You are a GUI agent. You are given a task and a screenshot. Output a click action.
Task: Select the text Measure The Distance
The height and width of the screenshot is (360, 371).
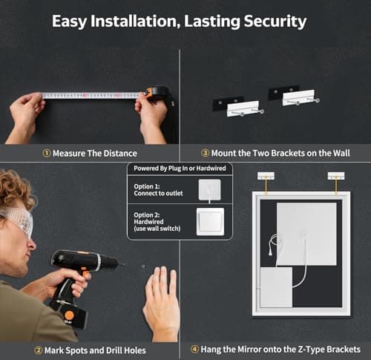pyautogui.click(x=94, y=154)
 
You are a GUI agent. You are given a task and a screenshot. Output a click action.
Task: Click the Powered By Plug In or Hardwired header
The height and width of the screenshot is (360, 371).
pyautogui.click(x=180, y=169)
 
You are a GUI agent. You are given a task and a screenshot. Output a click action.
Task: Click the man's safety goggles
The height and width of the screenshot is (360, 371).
pyautogui.click(x=16, y=220)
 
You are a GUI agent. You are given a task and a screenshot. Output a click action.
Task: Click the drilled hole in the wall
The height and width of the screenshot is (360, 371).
pyautogui.click(x=142, y=265)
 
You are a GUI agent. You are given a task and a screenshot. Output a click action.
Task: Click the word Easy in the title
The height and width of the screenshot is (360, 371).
pyautogui.click(x=69, y=21)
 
